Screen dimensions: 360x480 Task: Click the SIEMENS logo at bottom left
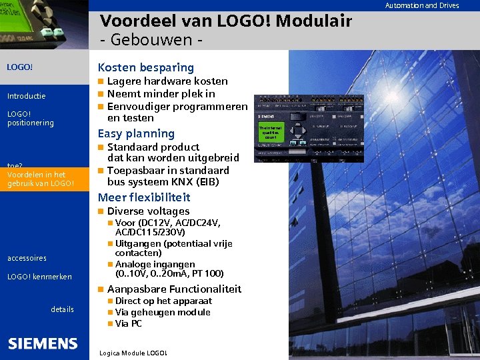43,343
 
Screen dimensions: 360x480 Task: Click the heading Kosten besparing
145,67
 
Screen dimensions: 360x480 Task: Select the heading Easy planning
136,133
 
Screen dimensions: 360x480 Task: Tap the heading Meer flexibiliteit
144,197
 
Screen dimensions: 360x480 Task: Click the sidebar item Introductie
26,96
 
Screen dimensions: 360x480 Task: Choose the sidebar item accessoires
27,258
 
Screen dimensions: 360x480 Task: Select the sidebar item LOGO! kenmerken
39,277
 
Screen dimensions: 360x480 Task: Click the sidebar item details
62,309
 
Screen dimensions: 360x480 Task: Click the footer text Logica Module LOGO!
132,353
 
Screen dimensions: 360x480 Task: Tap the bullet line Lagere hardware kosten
167,81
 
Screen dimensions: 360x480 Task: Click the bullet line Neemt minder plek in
161,94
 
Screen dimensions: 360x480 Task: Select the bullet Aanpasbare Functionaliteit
174,289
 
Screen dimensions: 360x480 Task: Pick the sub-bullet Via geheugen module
163,312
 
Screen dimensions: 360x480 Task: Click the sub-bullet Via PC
129,323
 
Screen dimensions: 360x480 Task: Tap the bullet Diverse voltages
148,211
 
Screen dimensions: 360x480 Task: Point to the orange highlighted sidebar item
40,179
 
